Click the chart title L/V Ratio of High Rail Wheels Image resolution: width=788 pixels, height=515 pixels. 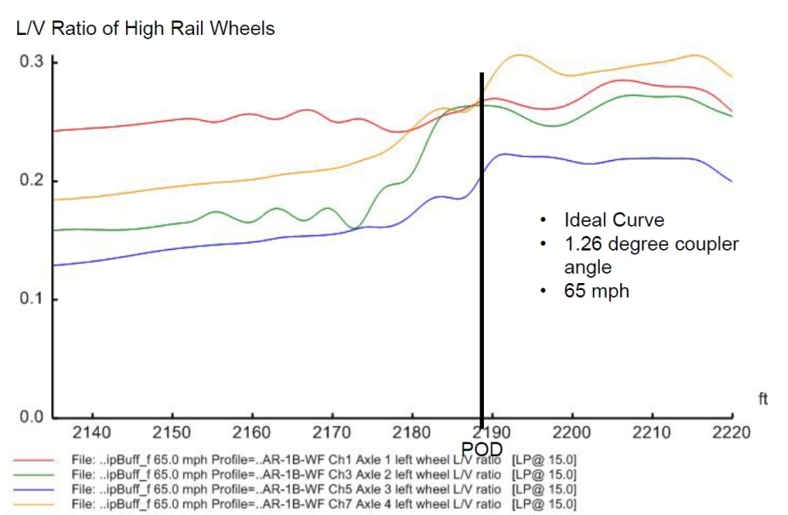[x=146, y=29]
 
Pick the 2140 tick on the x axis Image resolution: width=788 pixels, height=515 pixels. [x=92, y=431]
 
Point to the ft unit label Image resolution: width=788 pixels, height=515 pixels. [x=762, y=398]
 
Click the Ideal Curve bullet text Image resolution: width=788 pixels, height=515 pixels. [x=613, y=220]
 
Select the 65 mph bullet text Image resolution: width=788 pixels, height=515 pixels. [x=596, y=291]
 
